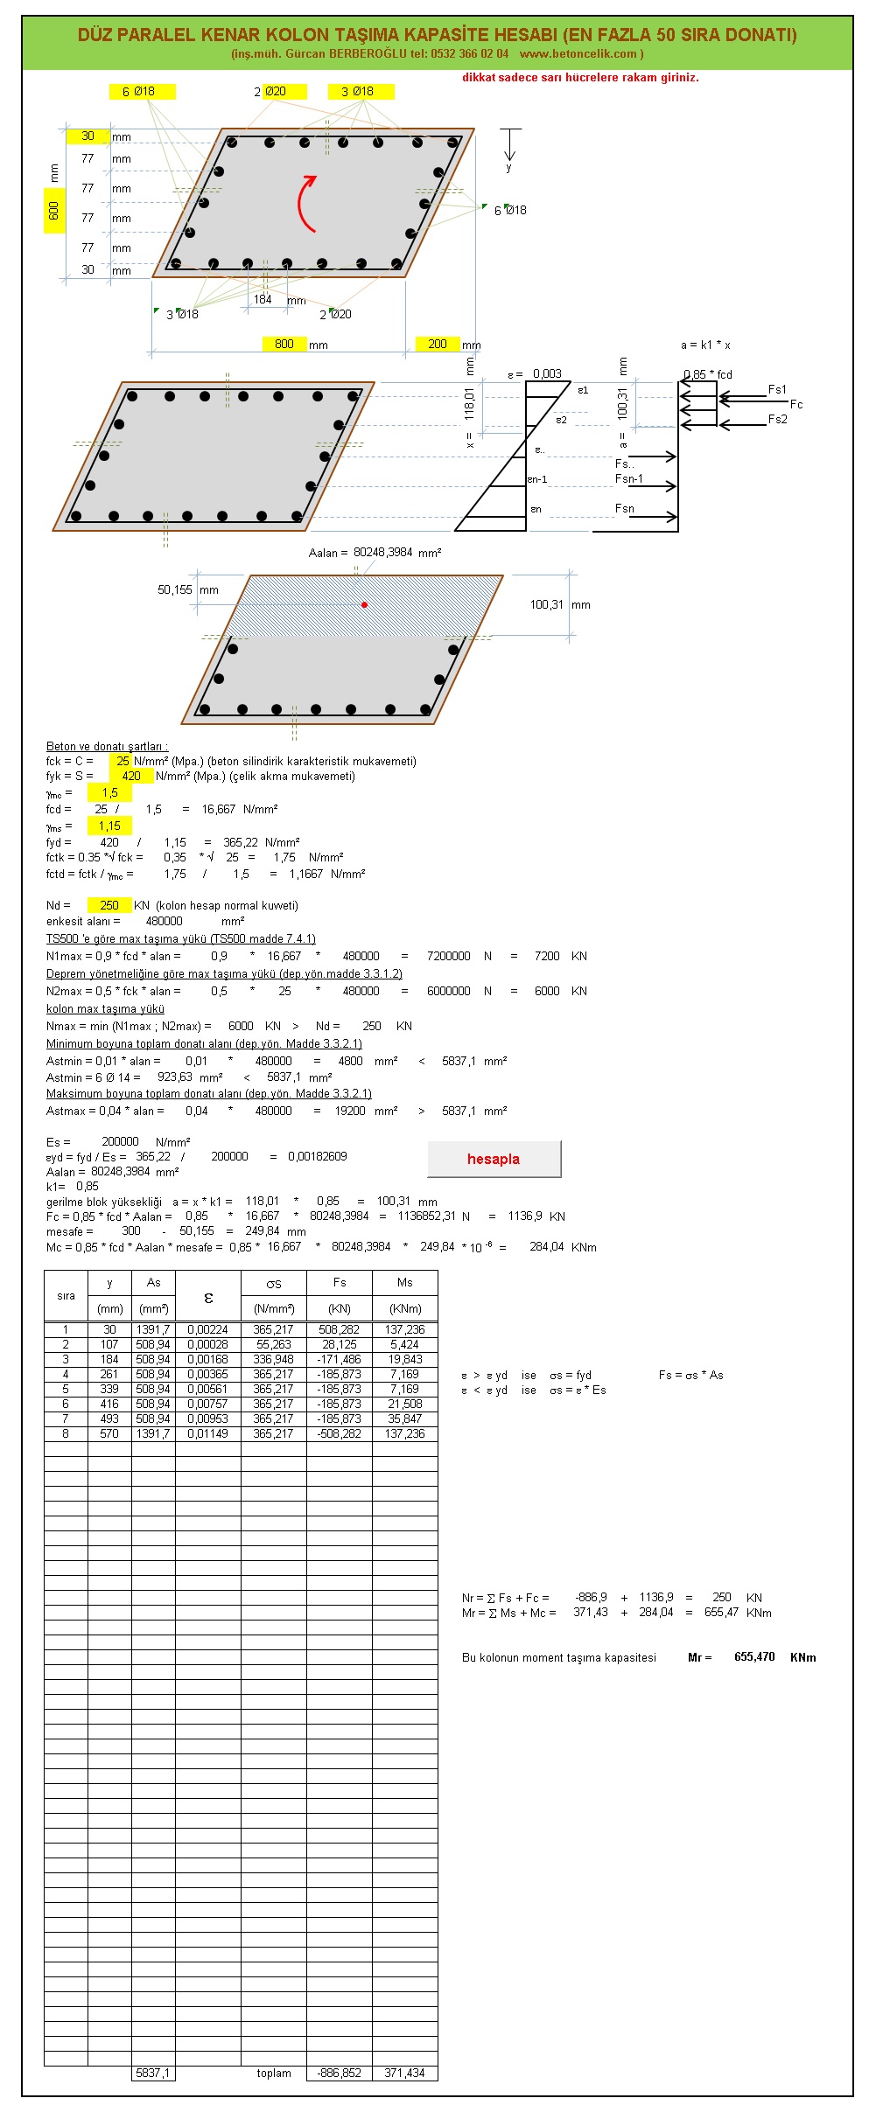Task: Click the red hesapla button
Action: click(x=494, y=1159)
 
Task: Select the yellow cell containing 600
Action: click(x=54, y=210)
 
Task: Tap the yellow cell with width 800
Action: click(x=284, y=344)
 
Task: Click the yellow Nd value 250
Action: click(x=109, y=905)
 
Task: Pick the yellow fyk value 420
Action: click(x=131, y=776)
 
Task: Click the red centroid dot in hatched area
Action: click(x=365, y=604)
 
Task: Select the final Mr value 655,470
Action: click(x=754, y=1656)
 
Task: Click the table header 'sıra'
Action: click(x=66, y=1295)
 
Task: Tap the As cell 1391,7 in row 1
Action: click(x=153, y=1329)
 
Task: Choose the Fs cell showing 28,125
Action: click(x=340, y=1344)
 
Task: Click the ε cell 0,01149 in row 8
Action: click(x=207, y=1433)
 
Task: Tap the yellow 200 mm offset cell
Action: click(x=438, y=344)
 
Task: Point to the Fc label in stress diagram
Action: click(x=796, y=404)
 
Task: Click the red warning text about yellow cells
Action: click(x=580, y=77)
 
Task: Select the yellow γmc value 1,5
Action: click(x=109, y=792)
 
